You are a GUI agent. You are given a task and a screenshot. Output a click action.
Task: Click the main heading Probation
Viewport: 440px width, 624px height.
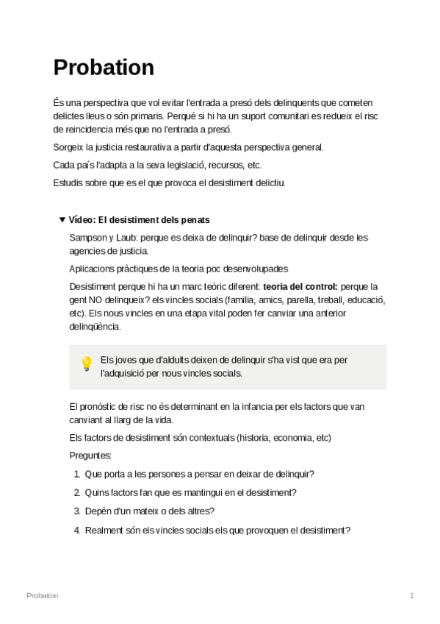click(x=104, y=68)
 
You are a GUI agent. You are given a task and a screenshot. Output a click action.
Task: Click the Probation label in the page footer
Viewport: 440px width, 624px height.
click(x=42, y=595)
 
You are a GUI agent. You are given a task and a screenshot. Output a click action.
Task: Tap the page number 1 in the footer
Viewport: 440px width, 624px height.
click(x=412, y=595)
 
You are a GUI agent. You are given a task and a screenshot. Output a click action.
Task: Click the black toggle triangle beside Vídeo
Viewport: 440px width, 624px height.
click(x=62, y=220)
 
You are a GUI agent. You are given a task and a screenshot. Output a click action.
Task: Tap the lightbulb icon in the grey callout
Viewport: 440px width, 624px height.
click(x=86, y=363)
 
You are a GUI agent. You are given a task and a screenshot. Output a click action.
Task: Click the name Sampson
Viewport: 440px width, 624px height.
click(x=88, y=238)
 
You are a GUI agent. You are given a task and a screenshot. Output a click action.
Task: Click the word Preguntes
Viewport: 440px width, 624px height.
click(x=90, y=456)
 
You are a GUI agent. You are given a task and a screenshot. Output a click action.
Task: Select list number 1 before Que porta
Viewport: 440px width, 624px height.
click(x=77, y=475)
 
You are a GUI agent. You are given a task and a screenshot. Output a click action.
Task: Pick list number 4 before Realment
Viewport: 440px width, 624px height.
click(x=77, y=530)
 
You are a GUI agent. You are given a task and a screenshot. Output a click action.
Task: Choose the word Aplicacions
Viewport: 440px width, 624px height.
click(x=93, y=269)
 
